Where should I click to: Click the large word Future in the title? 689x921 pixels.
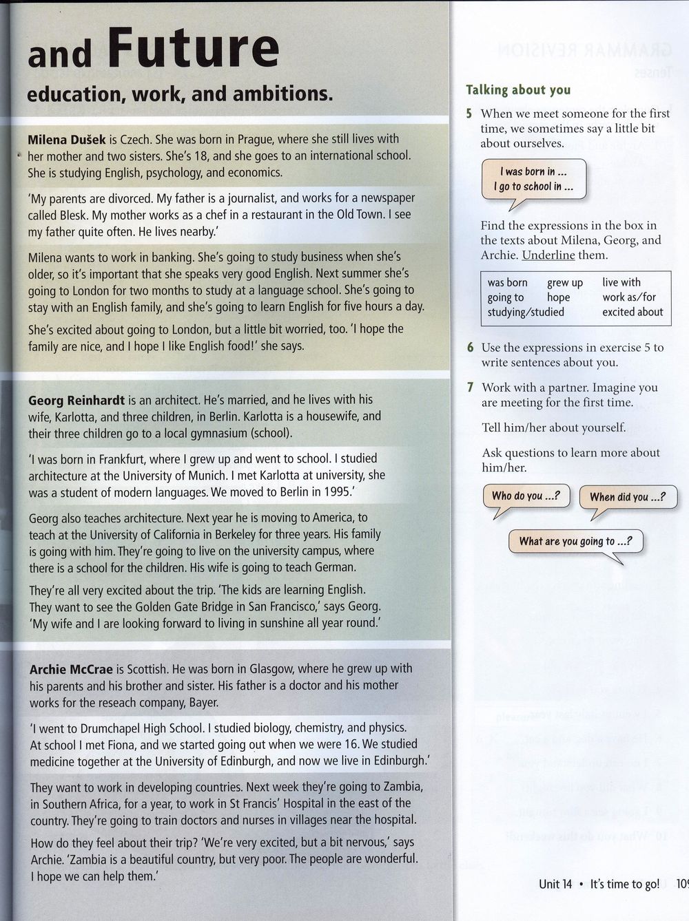coord(194,48)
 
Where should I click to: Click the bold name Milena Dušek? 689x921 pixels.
coord(67,139)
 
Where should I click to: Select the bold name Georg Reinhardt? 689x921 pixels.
coord(76,400)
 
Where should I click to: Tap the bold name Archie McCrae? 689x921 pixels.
coord(70,669)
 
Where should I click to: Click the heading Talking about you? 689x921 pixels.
coord(518,90)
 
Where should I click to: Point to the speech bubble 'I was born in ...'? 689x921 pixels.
coord(533,180)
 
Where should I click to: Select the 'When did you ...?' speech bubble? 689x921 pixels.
coord(627,497)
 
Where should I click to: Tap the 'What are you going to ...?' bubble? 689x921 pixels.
coord(575,541)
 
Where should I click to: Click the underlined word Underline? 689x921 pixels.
coord(548,255)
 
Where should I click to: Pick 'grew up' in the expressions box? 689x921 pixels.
coord(565,283)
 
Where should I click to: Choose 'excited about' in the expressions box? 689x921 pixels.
coord(633,312)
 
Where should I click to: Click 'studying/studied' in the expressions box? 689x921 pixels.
coord(526,313)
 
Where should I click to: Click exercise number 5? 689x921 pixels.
coord(469,114)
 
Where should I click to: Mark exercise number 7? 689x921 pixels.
coord(470,388)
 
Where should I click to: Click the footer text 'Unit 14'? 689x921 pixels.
coord(555,885)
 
